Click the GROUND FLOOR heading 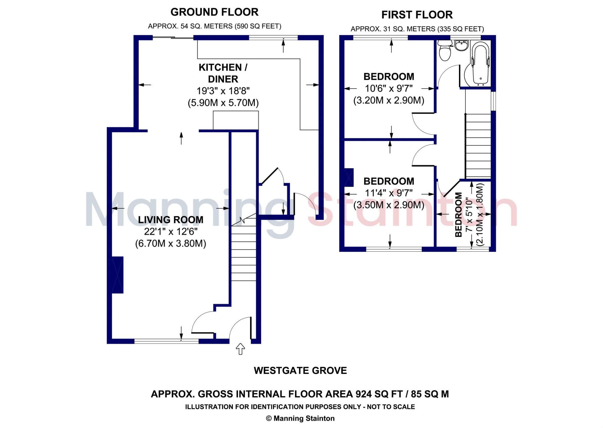[x=214, y=12]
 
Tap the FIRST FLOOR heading [x=417, y=15]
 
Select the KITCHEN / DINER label [x=223, y=73]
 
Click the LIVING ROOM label [x=170, y=220]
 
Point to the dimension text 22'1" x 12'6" [x=170, y=232]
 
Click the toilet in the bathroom [x=444, y=51]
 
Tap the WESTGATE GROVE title [x=300, y=370]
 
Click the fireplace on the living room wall [x=117, y=275]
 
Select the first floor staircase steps [x=478, y=146]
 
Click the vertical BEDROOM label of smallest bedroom [x=458, y=215]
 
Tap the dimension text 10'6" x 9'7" [x=389, y=88]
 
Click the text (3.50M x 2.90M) [x=389, y=205]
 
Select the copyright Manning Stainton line [x=300, y=418]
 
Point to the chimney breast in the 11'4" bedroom [x=349, y=177]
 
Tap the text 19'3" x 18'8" [x=223, y=91]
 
